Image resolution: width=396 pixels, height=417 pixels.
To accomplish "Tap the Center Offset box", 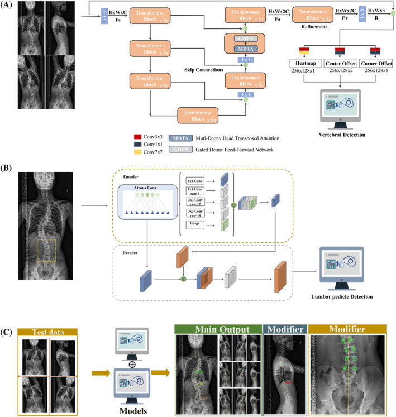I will point(338,64).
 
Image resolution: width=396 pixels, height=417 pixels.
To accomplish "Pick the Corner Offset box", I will point(374,64).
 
